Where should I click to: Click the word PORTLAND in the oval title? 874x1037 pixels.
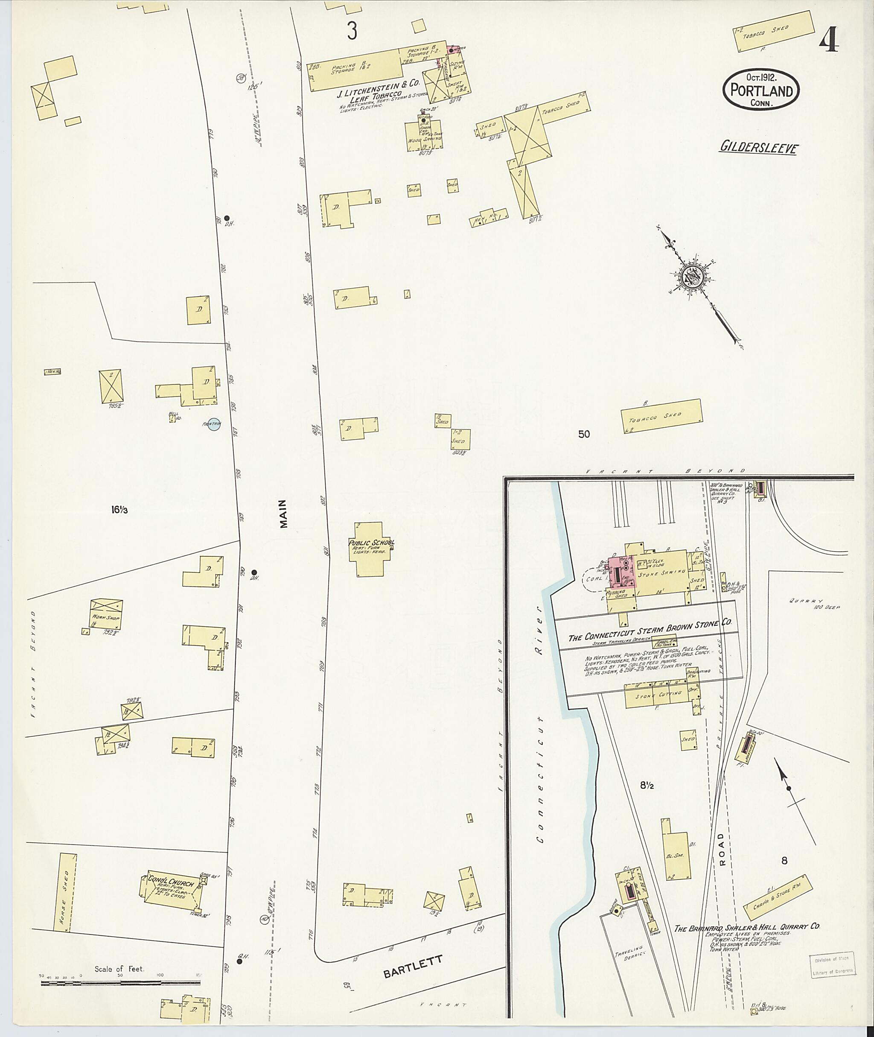click(x=760, y=91)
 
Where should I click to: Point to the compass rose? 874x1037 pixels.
click(x=691, y=276)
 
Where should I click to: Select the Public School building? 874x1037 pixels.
click(x=372, y=549)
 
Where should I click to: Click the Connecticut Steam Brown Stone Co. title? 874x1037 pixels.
click(x=650, y=631)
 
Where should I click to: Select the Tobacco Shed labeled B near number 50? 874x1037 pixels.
click(x=662, y=416)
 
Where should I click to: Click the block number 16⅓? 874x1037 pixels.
click(x=119, y=509)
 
